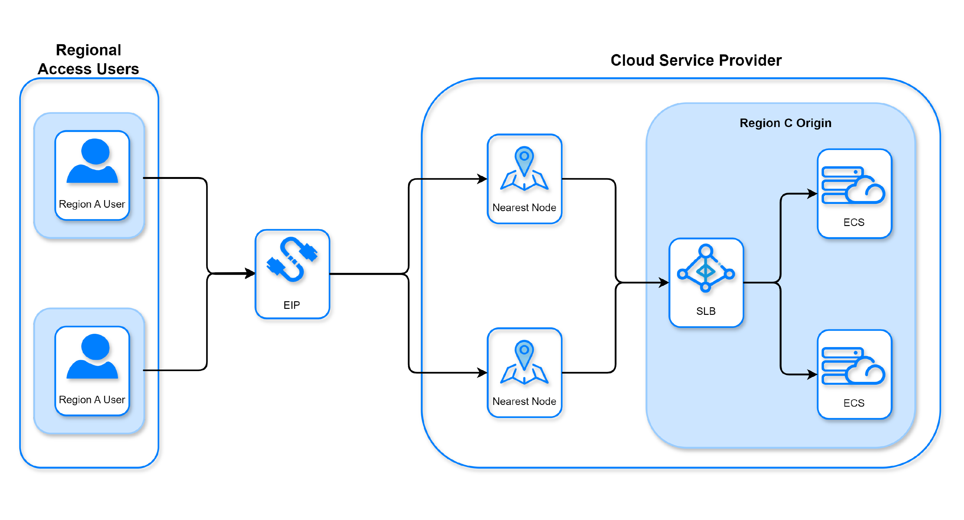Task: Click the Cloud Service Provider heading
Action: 696,60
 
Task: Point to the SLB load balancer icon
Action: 706,268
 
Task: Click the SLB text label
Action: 706,311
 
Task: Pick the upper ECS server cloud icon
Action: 853,185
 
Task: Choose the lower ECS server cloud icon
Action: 853,366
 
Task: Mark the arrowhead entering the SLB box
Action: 664,282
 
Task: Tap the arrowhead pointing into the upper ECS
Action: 812,193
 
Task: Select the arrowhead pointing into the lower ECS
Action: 812,374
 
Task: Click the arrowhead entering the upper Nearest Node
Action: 482,179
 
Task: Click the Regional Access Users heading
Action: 88,59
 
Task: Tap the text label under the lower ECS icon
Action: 854,403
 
